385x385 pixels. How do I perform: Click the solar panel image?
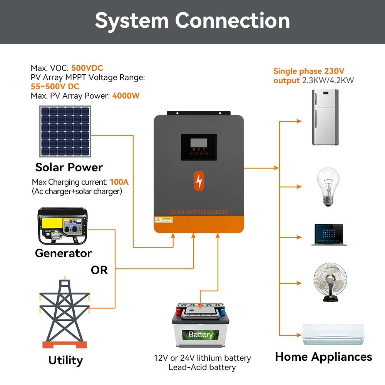pos(65,131)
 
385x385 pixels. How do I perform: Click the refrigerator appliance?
pos(325,117)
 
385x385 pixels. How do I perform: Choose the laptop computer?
pos(328,234)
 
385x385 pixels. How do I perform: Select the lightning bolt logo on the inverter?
pos(199,181)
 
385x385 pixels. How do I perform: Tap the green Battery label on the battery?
pos(200,335)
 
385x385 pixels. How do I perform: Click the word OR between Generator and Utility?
pos(99,270)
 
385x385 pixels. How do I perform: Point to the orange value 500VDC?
pos(87,69)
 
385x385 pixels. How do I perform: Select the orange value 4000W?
pos(126,95)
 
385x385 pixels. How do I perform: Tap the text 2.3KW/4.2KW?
pos(328,80)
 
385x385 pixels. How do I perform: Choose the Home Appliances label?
pos(323,357)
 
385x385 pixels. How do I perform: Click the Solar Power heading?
pos(69,167)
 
